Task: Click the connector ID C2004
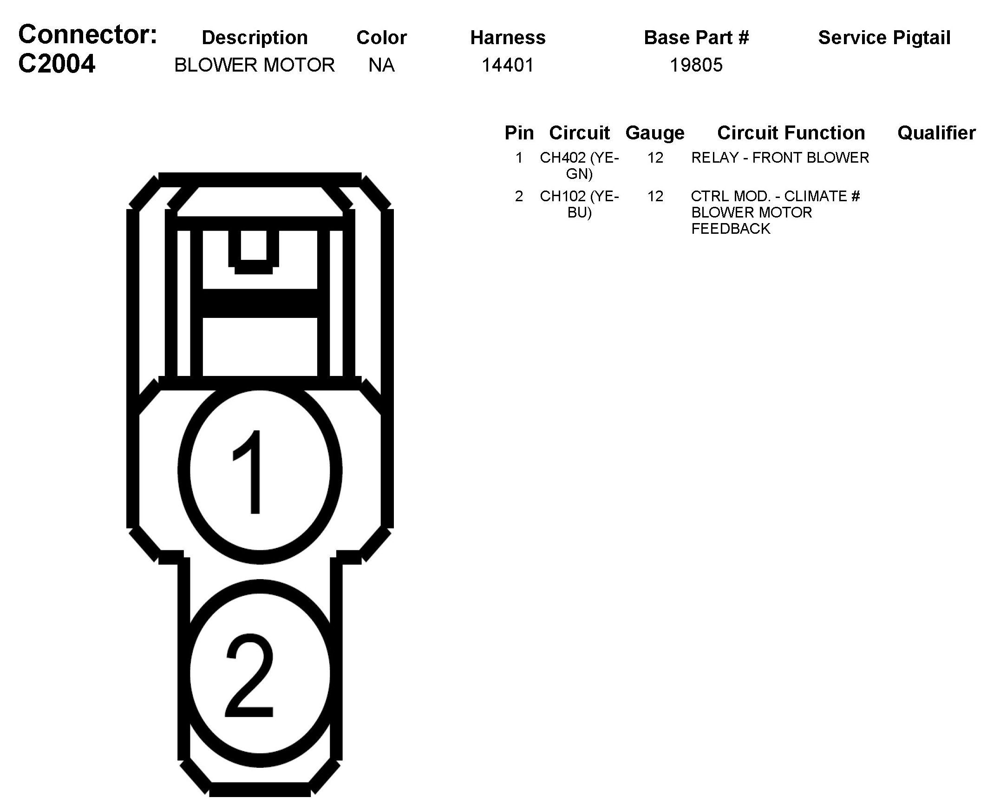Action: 57,64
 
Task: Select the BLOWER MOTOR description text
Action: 255,65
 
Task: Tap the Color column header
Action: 381,37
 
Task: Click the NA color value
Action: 381,65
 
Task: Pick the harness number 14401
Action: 508,65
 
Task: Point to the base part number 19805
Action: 696,65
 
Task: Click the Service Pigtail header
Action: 884,37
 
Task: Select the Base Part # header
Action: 696,37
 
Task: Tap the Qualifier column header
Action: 936,132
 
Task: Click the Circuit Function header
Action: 791,132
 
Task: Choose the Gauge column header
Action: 654,132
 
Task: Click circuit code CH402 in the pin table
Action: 562,158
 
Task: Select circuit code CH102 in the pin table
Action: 562,196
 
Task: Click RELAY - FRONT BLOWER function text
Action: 780,158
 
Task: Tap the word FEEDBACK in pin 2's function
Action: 731,229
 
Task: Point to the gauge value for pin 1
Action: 655,158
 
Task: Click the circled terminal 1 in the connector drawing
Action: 260,471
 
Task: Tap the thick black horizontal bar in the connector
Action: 260,303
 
